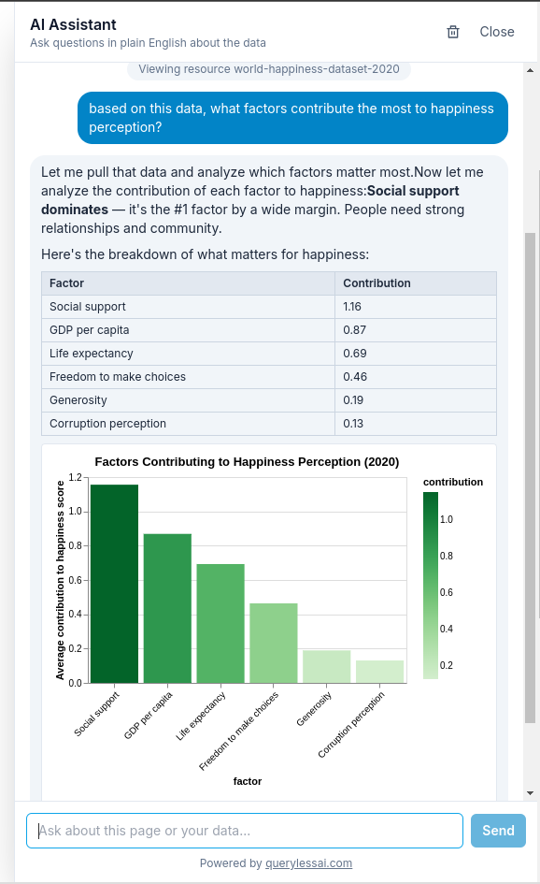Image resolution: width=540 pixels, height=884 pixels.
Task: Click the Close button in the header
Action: pyautogui.click(x=496, y=32)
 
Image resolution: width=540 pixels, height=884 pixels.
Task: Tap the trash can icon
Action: pyautogui.click(x=453, y=32)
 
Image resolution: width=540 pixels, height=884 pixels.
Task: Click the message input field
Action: pyautogui.click(x=245, y=830)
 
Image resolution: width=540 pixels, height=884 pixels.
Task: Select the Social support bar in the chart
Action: pyautogui.click(x=115, y=583)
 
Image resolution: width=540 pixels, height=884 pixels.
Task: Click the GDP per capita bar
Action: pyautogui.click(x=167, y=608)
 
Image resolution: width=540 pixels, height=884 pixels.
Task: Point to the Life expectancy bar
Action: pyautogui.click(x=220, y=623)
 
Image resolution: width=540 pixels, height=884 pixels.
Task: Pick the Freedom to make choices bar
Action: pyautogui.click(x=273, y=643)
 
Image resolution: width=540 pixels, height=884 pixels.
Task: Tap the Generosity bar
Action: pyautogui.click(x=326, y=666)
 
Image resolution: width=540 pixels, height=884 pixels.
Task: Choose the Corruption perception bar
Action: pyautogui.click(x=379, y=672)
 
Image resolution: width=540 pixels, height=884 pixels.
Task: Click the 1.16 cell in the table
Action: pyautogui.click(x=352, y=307)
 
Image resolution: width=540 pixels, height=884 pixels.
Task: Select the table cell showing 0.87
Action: pyautogui.click(x=354, y=330)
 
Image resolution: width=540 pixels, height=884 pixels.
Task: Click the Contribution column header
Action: pyautogui.click(x=377, y=283)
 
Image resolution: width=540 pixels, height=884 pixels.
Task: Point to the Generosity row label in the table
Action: pyautogui.click(x=78, y=400)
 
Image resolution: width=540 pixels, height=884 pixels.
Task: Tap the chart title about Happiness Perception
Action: pyautogui.click(x=247, y=461)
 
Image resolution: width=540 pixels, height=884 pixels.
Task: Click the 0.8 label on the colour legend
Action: pyautogui.click(x=448, y=556)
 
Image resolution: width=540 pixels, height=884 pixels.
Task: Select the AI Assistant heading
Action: pyautogui.click(x=73, y=24)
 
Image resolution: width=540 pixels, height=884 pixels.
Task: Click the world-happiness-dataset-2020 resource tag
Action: pyautogui.click(x=269, y=69)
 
